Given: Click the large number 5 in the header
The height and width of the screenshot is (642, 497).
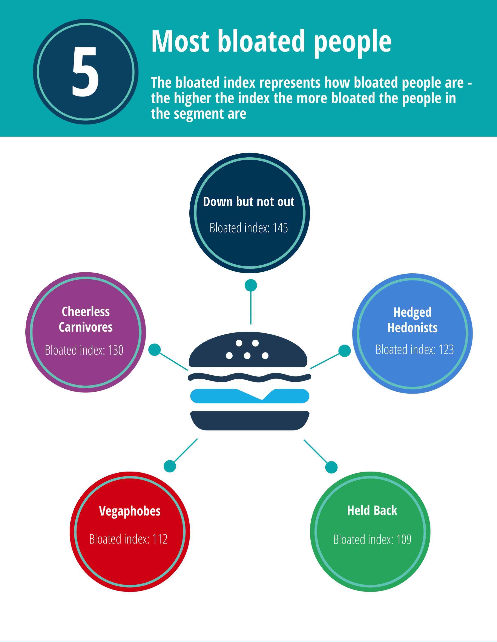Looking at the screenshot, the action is click(85, 72).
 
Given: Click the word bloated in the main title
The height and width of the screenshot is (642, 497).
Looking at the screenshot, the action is click(261, 41).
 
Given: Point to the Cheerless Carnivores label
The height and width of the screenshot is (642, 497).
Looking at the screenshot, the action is click(86, 319).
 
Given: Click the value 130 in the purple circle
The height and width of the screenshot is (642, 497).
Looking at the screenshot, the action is click(116, 350).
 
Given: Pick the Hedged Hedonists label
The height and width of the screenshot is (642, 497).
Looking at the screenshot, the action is click(412, 320).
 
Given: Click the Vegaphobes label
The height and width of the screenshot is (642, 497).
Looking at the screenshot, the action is click(130, 511).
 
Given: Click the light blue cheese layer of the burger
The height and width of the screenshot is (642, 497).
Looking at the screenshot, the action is click(250, 396).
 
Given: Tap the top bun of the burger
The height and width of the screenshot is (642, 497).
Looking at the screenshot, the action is click(248, 350).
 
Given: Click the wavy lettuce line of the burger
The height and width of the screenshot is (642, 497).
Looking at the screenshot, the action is click(249, 377).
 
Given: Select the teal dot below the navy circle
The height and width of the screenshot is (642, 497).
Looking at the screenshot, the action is click(251, 285).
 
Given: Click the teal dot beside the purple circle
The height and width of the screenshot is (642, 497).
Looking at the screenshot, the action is click(154, 349).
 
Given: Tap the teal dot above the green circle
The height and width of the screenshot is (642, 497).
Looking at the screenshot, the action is click(331, 467).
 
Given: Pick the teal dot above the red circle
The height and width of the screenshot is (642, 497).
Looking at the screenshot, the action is click(170, 466).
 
